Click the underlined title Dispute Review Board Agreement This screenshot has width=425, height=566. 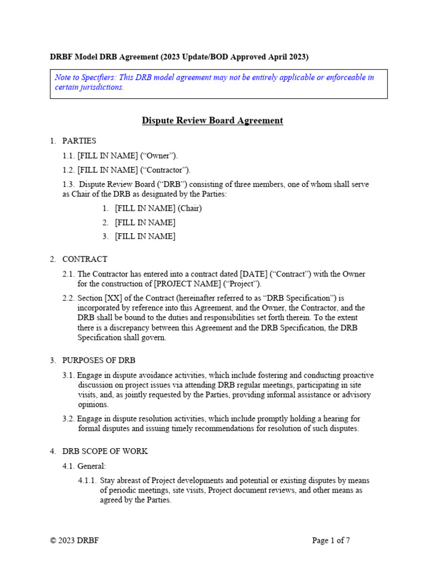(x=212, y=120)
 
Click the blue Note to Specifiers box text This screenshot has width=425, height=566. (x=214, y=82)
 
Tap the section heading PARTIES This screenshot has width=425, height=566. (x=79, y=141)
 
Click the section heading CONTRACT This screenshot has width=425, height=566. (x=85, y=259)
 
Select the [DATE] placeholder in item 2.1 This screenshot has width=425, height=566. (x=252, y=274)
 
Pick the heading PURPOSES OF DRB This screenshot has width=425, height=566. (x=99, y=360)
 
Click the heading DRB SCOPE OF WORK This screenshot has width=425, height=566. (x=105, y=451)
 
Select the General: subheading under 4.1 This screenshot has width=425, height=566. (x=91, y=466)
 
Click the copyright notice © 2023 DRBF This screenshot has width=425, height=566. (x=75, y=541)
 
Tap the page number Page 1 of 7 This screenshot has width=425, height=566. (x=330, y=541)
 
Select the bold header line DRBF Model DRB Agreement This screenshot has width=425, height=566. (x=179, y=57)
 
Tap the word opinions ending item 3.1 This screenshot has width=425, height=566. (x=94, y=405)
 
